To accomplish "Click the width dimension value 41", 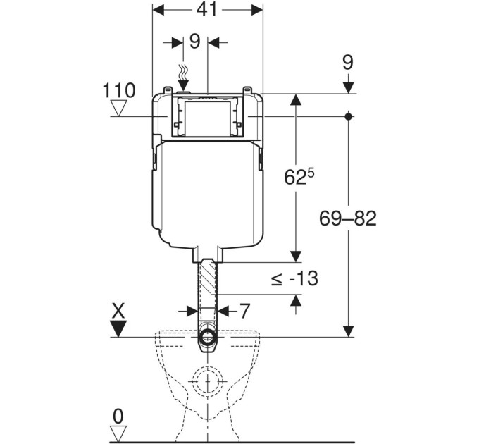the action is pyautogui.click(x=207, y=9).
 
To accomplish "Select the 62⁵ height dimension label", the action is pyautogui.click(x=299, y=176).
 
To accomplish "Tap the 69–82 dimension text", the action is pyautogui.click(x=348, y=218).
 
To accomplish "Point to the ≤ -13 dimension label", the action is pyautogui.click(x=294, y=278).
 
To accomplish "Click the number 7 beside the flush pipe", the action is pyautogui.click(x=244, y=311).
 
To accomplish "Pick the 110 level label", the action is pyautogui.click(x=119, y=90).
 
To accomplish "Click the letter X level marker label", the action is pyautogui.click(x=118, y=312).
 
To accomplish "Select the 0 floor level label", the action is pyautogui.click(x=118, y=417).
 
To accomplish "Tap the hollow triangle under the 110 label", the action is pyautogui.click(x=118, y=108).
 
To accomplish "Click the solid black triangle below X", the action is pyautogui.click(x=118, y=328).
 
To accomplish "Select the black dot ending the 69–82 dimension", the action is pyautogui.click(x=349, y=116).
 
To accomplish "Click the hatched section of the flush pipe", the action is pyautogui.click(x=208, y=277).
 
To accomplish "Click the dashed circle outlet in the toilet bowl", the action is pyautogui.click(x=208, y=381).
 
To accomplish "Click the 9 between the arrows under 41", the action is pyautogui.click(x=195, y=42).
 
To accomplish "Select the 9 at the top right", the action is pyautogui.click(x=348, y=63).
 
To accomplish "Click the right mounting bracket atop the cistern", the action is pyautogui.click(x=247, y=90).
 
